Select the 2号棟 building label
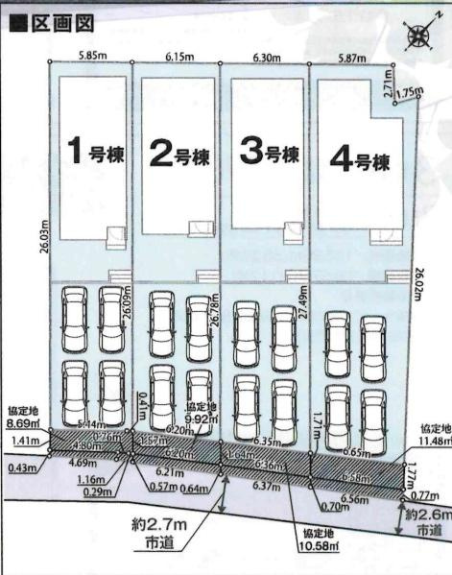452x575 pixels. click(179, 155)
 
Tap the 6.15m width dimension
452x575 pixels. click(179, 58)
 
